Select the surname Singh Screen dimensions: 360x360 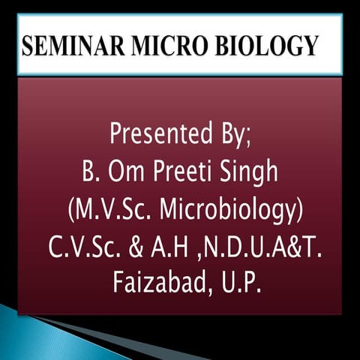pyautogui.click(x=251, y=174)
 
